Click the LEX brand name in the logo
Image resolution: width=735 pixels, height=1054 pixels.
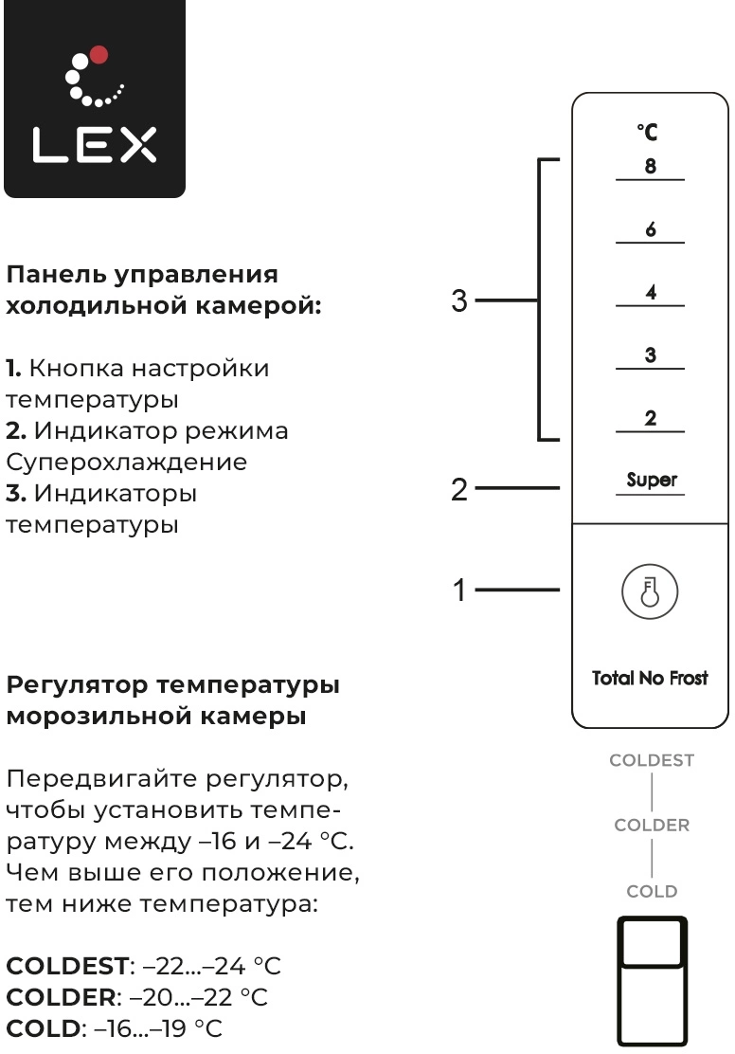pyautogui.click(x=94, y=144)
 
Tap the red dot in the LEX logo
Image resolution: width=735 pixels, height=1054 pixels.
pyautogui.click(x=99, y=54)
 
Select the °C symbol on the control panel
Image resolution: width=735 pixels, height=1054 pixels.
pyautogui.click(x=648, y=132)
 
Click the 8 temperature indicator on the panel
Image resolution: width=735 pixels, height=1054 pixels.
pyautogui.click(x=651, y=166)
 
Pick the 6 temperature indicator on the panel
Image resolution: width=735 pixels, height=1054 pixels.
pyautogui.click(x=651, y=229)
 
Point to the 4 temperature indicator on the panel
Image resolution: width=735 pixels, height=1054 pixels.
pyautogui.click(x=651, y=292)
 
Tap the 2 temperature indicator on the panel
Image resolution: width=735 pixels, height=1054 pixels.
pyautogui.click(x=651, y=418)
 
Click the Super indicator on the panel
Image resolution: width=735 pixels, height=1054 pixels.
pyautogui.click(x=651, y=480)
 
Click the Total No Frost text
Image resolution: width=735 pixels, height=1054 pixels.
pyautogui.click(x=650, y=678)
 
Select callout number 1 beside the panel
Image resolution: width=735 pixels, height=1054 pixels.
pyautogui.click(x=459, y=591)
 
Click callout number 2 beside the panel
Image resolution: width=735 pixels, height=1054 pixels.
pyautogui.click(x=459, y=489)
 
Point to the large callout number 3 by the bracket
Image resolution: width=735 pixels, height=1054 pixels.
pyautogui.click(x=459, y=300)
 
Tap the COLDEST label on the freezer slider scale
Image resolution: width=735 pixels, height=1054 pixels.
pyautogui.click(x=652, y=760)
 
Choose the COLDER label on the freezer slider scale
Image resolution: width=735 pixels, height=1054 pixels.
pyautogui.click(x=652, y=825)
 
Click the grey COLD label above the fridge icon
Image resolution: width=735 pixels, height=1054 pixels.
pyautogui.click(x=652, y=891)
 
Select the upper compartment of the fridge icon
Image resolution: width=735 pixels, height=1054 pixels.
pyautogui.click(x=652, y=942)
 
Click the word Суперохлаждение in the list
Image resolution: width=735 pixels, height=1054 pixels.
pyautogui.click(x=126, y=463)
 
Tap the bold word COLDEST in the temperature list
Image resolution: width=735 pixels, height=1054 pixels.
pyautogui.click(x=67, y=966)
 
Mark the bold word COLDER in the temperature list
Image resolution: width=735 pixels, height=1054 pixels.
pyautogui.click(x=62, y=997)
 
